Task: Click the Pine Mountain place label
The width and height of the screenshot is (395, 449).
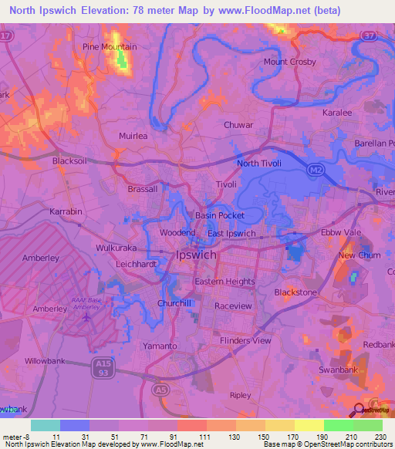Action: pyautogui.click(x=110, y=47)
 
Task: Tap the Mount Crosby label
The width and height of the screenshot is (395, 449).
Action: pyautogui.click(x=285, y=62)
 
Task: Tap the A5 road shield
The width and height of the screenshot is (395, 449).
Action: pyautogui.click(x=159, y=389)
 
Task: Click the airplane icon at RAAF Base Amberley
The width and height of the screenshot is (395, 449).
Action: pyautogui.click(x=86, y=316)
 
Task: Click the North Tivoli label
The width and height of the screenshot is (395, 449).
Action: pyautogui.click(x=259, y=164)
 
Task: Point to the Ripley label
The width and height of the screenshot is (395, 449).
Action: pyautogui.click(x=241, y=395)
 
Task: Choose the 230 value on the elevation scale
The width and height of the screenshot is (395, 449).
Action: pyautogui.click(x=380, y=436)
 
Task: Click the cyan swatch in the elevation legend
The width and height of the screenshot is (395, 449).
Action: pyautogui.click(x=46, y=425)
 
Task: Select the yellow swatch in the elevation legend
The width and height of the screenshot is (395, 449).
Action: pyautogui.click(x=309, y=425)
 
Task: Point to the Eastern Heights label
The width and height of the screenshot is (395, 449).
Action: pyautogui.click(x=225, y=282)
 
